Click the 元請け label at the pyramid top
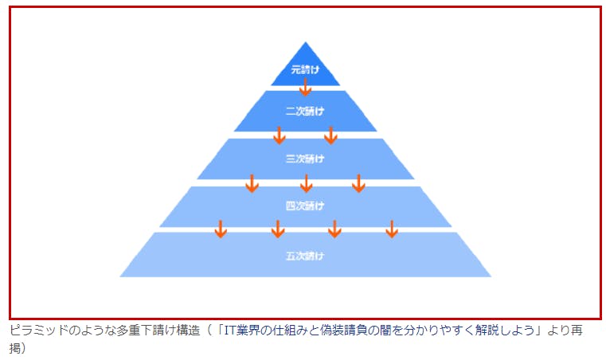[305, 70]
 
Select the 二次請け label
[305, 111]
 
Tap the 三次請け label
[305, 158]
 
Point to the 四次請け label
[305, 206]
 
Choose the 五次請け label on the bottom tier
[305, 256]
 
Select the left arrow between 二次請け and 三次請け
[280, 135]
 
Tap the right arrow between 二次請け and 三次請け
[330, 135]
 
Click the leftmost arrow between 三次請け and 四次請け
[252, 183]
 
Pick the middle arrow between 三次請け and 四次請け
[306, 183]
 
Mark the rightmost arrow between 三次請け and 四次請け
[358, 183]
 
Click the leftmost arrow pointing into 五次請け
[221, 229]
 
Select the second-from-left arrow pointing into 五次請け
[278, 229]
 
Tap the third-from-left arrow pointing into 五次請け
[334, 229]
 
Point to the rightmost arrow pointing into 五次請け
[391, 229]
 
